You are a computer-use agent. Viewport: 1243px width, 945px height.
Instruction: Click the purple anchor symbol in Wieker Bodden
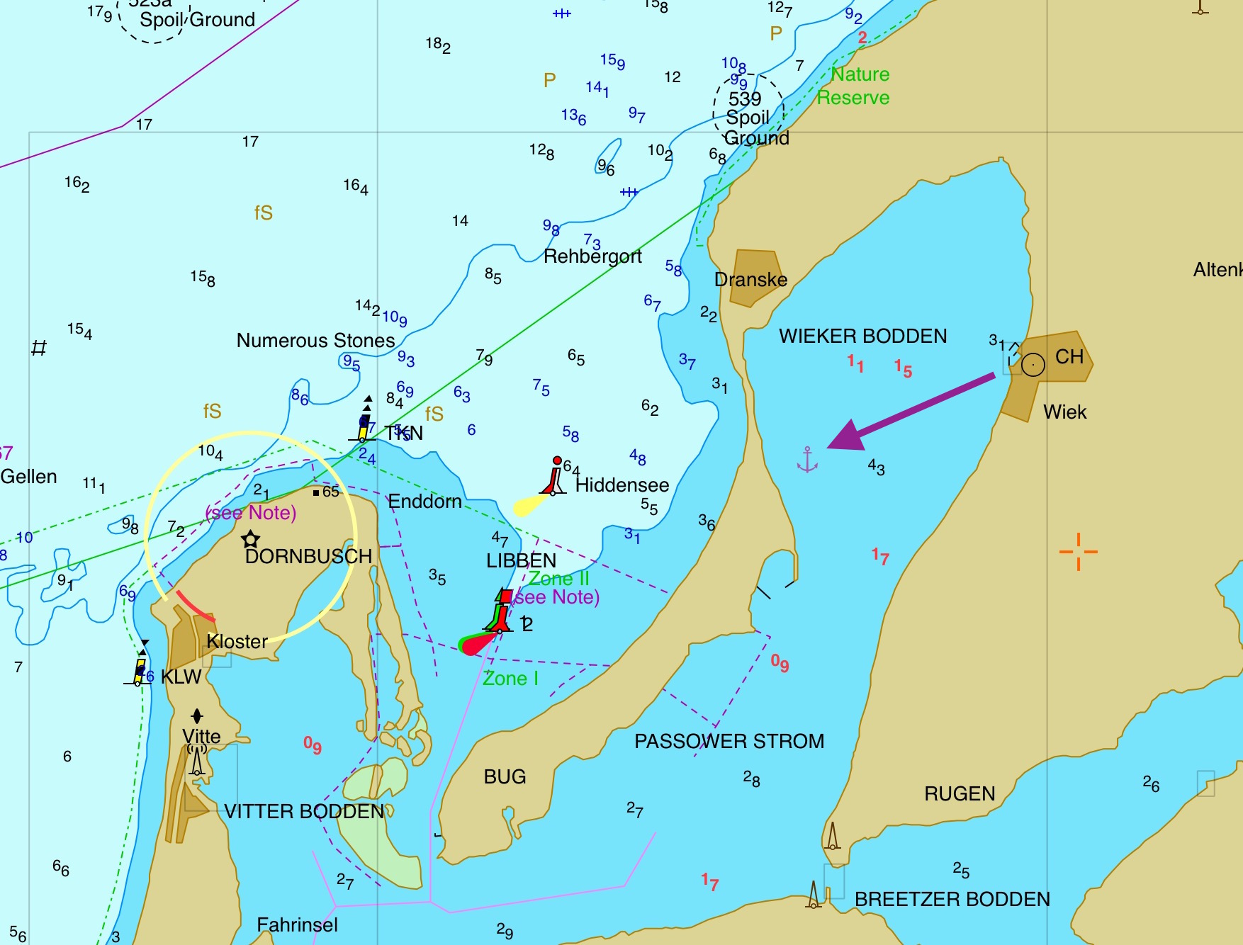[x=807, y=460]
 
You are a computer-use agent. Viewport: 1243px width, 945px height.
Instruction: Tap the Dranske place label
[x=750, y=280]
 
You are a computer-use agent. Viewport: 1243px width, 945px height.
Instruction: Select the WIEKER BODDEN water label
[x=862, y=336]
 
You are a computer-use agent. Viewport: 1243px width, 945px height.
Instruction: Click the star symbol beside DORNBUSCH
[x=250, y=539]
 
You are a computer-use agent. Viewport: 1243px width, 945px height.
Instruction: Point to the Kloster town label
[x=237, y=642]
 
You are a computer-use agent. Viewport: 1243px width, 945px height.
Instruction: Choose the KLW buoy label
[x=181, y=677]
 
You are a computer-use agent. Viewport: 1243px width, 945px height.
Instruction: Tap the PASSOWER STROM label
[x=729, y=741]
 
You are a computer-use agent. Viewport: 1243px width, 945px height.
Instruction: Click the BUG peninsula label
[x=505, y=777]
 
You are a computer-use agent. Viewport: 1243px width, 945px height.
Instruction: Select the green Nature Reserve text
[x=855, y=86]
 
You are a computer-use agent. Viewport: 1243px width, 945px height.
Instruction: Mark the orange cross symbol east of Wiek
[x=1078, y=551]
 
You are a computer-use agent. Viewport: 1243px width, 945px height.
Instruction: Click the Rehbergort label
[x=592, y=256]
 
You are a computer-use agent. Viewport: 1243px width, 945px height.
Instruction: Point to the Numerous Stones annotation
[x=315, y=341]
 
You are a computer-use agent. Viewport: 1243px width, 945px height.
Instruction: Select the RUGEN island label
[x=960, y=793]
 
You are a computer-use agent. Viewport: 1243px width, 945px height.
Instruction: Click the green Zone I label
[x=510, y=679]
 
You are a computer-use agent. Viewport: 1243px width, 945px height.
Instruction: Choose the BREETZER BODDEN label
[x=952, y=899]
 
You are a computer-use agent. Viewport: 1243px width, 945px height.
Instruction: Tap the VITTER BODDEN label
[x=304, y=811]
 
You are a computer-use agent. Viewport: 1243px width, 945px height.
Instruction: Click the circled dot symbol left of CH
[x=1033, y=365]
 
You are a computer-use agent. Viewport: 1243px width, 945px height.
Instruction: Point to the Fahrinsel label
[x=297, y=924]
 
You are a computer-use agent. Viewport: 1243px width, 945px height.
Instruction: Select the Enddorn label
[x=424, y=502]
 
